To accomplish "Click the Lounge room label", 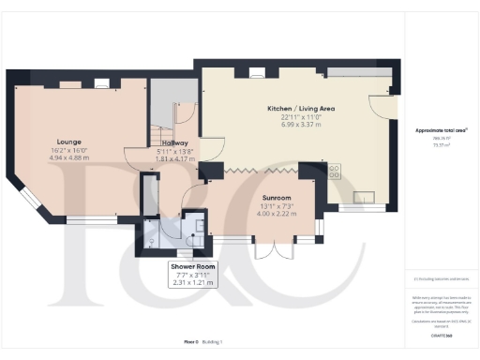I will coord(68,142).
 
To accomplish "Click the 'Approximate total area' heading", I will coord(441,129).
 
